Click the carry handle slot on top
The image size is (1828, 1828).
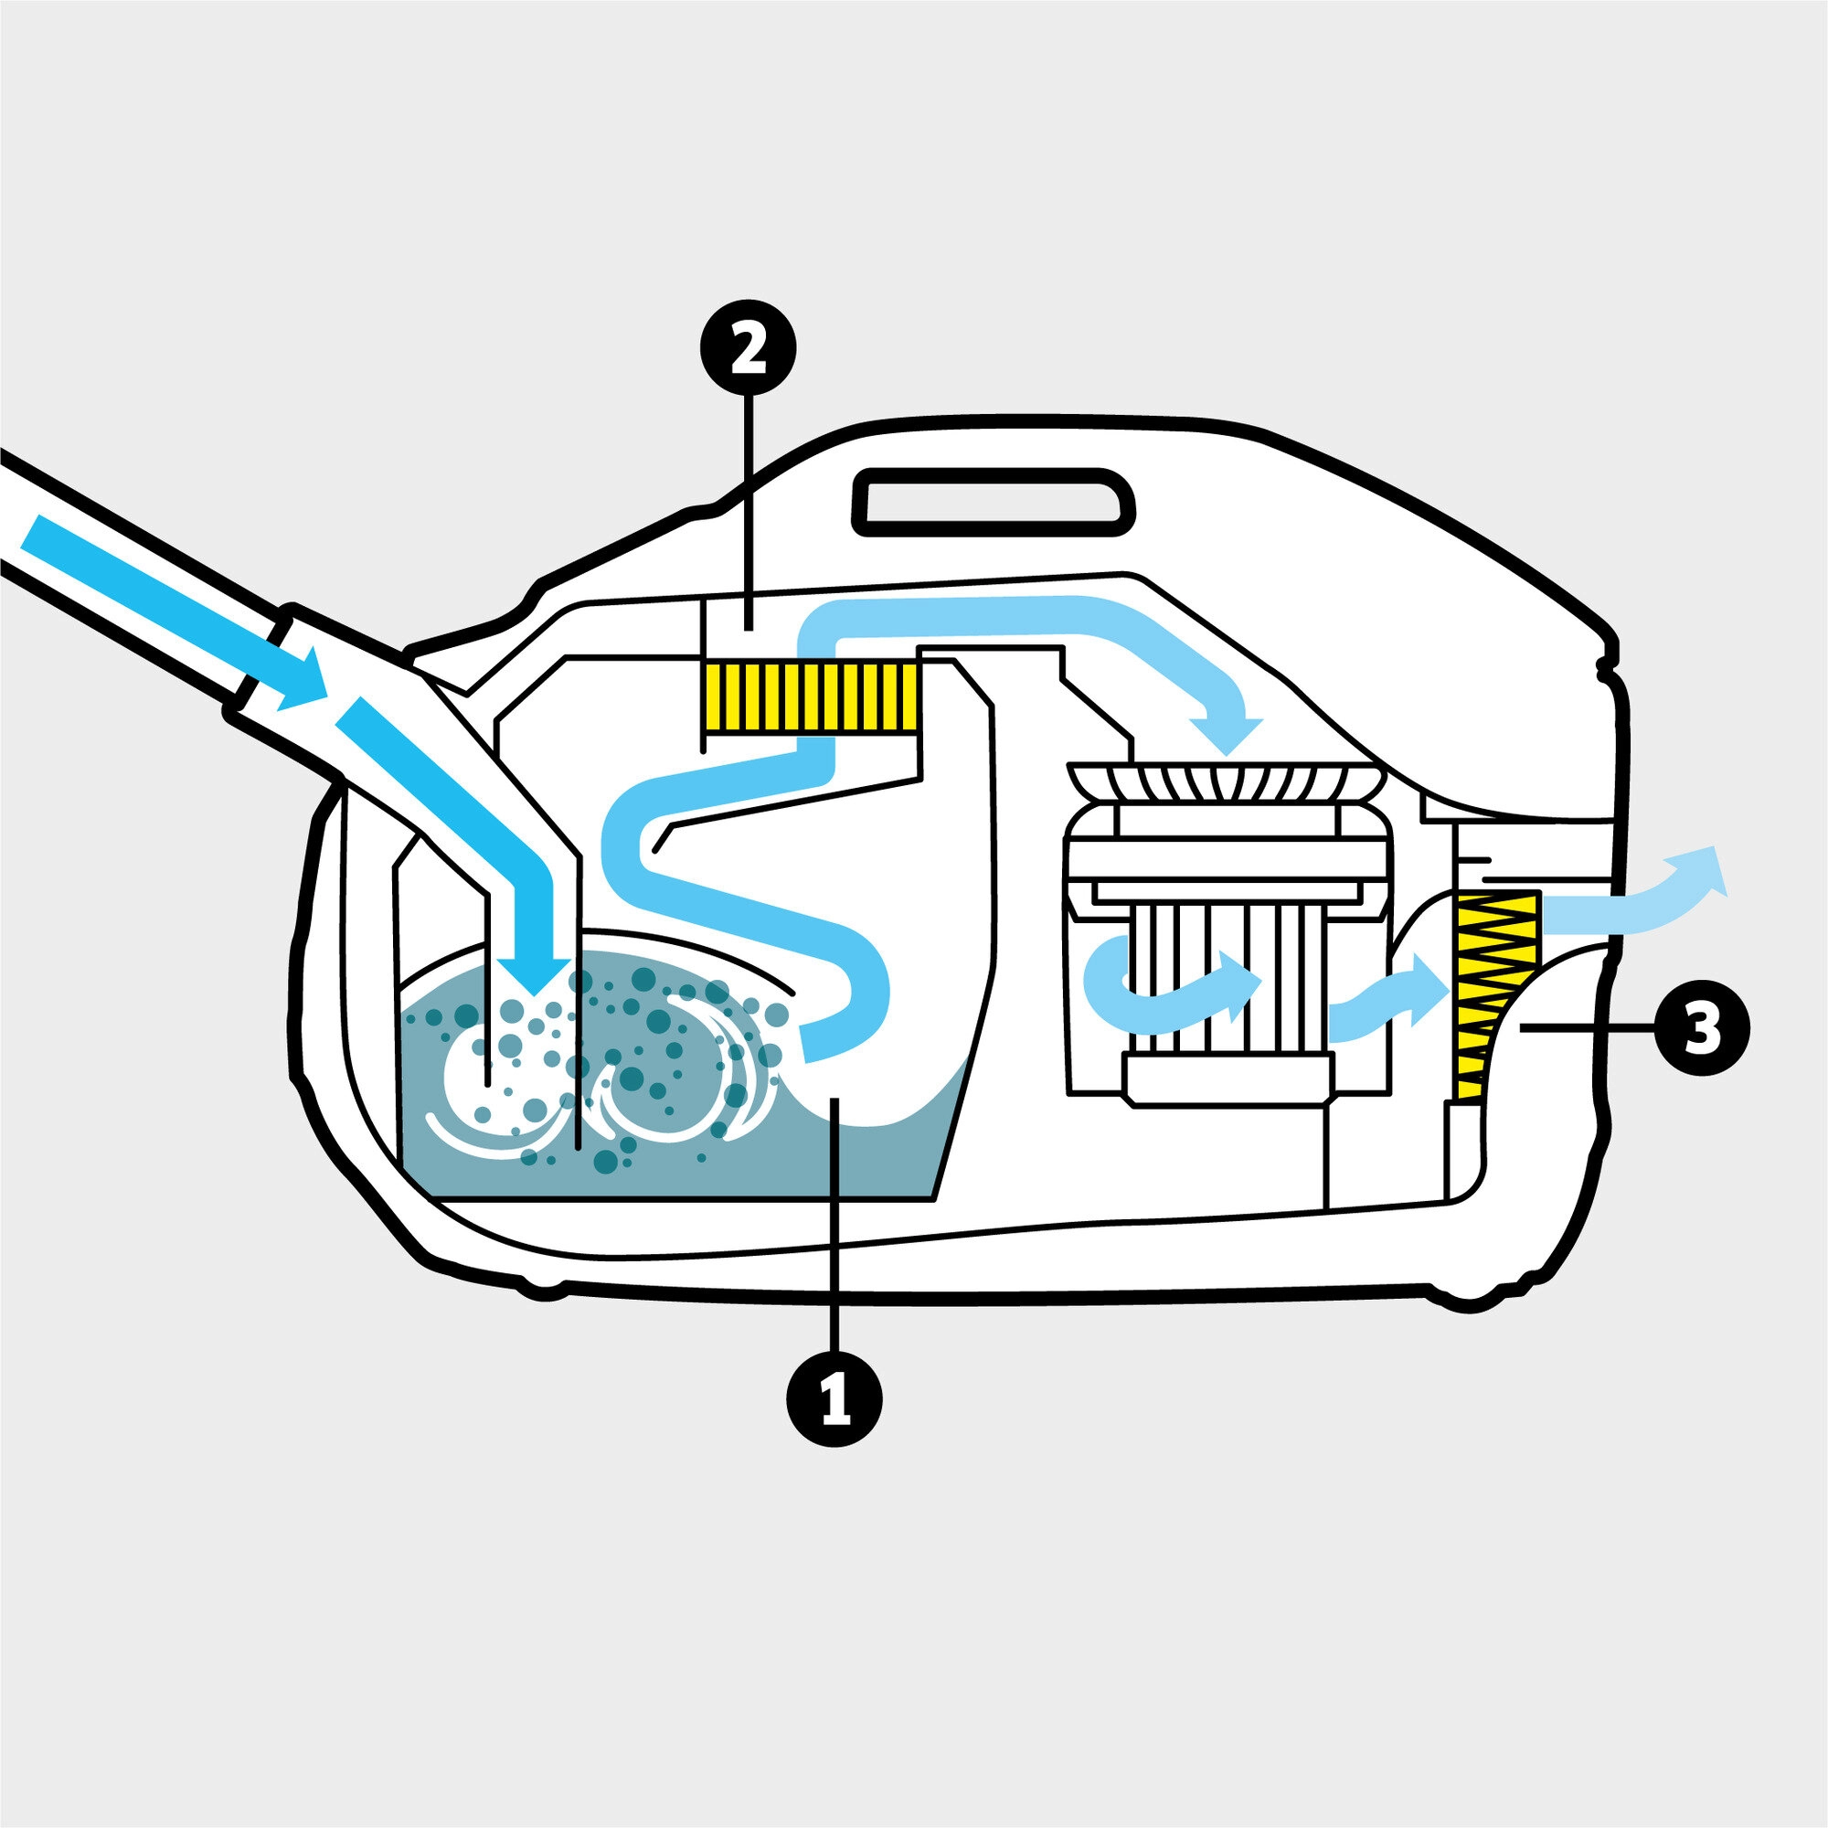pyautogui.click(x=994, y=499)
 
